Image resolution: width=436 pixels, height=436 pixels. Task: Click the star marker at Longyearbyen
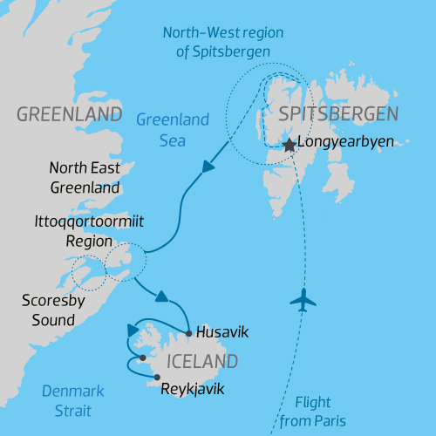point(289,146)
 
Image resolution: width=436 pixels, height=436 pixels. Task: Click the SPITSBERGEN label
point(338,113)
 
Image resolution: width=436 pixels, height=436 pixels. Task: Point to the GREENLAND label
point(69,115)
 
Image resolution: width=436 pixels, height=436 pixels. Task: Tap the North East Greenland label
point(85,176)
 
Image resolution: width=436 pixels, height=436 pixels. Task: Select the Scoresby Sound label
point(47,310)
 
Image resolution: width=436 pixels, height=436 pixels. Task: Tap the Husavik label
point(223,332)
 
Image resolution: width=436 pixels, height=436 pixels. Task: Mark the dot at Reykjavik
point(156,377)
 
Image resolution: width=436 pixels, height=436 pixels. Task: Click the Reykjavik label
point(193,389)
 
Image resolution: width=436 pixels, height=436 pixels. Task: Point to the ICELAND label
point(197,361)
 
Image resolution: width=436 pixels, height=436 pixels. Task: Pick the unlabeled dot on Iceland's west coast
point(142,358)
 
